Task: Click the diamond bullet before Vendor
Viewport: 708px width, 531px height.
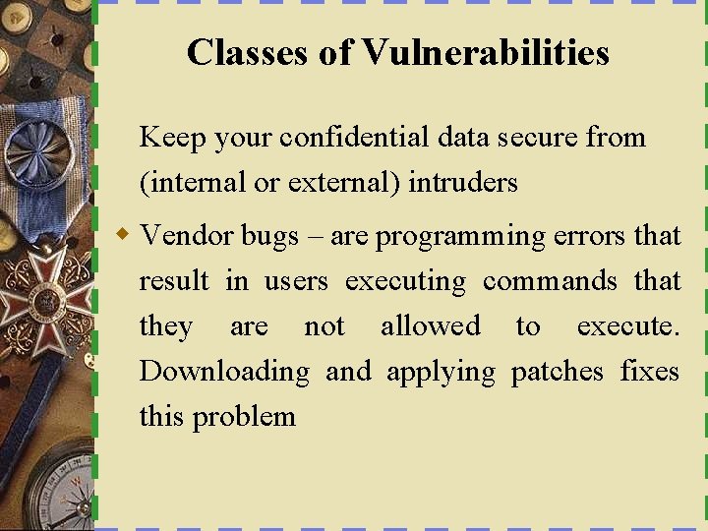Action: (123, 235)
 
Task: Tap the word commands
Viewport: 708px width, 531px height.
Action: (550, 281)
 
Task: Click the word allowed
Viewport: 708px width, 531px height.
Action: (431, 326)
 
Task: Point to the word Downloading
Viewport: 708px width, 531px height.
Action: (223, 373)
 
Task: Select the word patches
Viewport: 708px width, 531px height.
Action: (557, 373)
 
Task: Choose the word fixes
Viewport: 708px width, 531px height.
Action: (650, 372)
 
